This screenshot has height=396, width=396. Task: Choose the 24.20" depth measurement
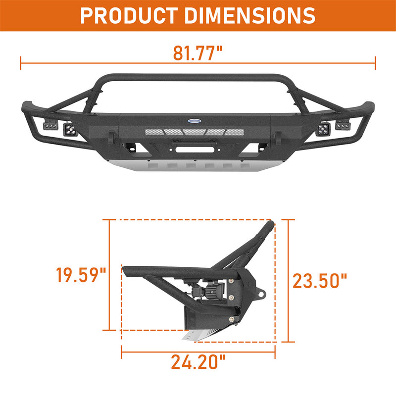(x=198, y=362)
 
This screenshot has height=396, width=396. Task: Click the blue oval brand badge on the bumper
(x=198, y=120)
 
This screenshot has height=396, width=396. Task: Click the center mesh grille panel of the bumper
(x=198, y=132)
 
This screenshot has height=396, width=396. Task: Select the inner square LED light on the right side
(x=324, y=130)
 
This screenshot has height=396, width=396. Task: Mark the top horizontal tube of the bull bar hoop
(x=198, y=78)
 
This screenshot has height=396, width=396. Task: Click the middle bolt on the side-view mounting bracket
(x=231, y=297)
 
